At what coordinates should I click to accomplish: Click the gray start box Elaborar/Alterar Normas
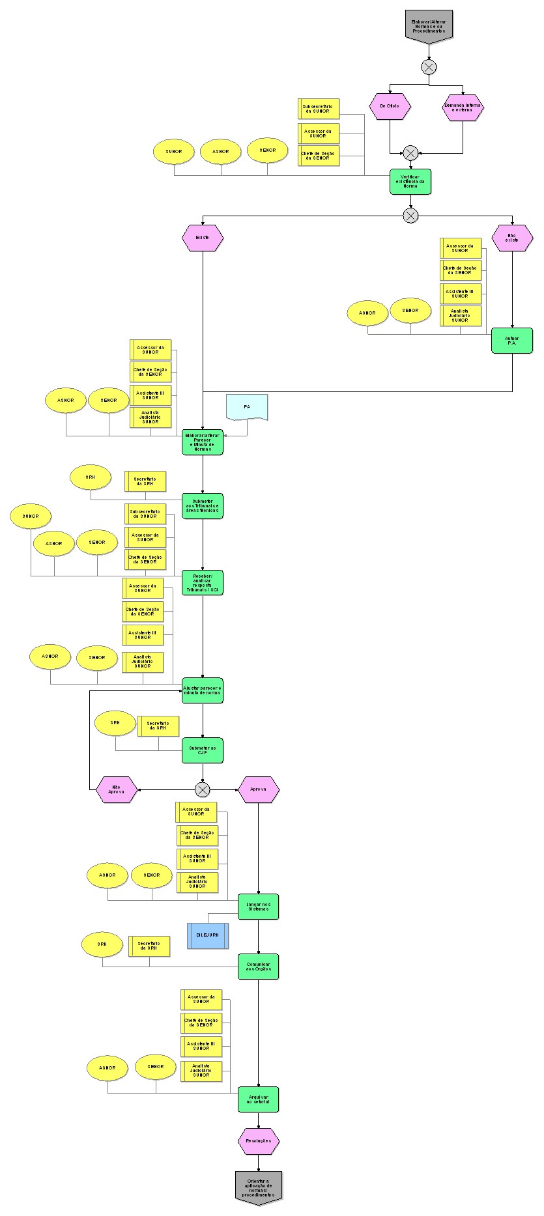(428, 26)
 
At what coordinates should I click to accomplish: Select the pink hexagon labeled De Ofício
(390, 106)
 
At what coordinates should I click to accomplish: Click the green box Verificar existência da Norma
(410, 182)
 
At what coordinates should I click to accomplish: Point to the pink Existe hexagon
(203, 238)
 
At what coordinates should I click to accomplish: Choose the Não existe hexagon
(512, 238)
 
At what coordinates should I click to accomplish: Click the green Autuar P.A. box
(512, 340)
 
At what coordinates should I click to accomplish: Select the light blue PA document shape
(247, 407)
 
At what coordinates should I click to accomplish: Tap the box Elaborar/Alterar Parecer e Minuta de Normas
(203, 442)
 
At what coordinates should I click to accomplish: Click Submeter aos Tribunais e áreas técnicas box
(203, 505)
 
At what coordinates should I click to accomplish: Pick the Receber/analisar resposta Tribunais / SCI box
(203, 583)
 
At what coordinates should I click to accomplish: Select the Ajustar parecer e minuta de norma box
(203, 690)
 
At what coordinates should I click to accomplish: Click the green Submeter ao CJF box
(203, 750)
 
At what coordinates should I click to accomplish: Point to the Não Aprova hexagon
(117, 789)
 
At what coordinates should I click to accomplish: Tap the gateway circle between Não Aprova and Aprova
(203, 789)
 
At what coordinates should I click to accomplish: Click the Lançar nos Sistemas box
(258, 906)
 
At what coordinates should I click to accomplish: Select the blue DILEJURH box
(208, 935)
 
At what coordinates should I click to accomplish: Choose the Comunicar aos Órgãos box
(258, 967)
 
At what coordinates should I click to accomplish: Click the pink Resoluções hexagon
(258, 1140)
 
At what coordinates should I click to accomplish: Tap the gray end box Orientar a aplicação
(258, 1186)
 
